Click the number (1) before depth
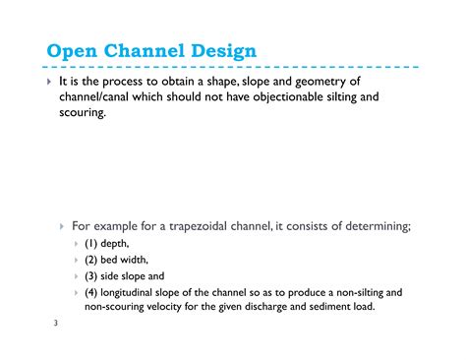[91, 243]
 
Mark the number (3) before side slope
[91, 276]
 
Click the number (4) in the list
[91, 292]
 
